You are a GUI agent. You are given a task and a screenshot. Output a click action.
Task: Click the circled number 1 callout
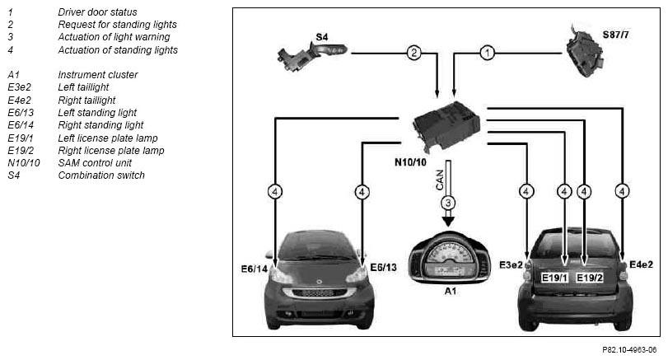[x=487, y=54]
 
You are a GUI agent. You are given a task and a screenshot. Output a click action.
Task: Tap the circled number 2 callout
[x=413, y=54]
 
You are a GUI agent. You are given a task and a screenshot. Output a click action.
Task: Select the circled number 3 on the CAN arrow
[x=448, y=203]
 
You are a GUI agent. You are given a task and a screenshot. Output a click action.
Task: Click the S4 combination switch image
[x=312, y=55]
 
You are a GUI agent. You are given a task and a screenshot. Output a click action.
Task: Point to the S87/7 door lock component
[x=586, y=52]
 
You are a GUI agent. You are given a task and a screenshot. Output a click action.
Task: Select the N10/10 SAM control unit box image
[x=446, y=126]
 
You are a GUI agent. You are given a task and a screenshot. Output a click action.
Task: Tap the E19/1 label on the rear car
[x=554, y=278]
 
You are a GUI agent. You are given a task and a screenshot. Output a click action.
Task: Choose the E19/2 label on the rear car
[x=590, y=278]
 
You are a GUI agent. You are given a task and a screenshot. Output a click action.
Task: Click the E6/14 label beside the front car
[x=255, y=269]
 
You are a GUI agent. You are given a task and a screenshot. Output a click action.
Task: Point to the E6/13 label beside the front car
[x=383, y=267]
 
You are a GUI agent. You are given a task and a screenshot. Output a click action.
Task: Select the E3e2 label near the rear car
[x=511, y=265]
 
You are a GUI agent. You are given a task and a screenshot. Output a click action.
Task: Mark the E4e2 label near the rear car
[x=641, y=264]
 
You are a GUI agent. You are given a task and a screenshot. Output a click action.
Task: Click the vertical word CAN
[x=440, y=180]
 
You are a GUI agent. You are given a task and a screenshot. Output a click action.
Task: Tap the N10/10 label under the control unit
[x=410, y=162]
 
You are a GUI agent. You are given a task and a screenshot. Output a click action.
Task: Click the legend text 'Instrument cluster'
[x=98, y=75]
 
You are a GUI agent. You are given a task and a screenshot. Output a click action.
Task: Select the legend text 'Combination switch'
[x=101, y=175]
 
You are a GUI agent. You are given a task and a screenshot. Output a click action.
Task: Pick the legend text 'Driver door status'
[x=97, y=12]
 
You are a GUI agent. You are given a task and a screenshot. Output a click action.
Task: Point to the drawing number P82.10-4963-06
[x=629, y=350]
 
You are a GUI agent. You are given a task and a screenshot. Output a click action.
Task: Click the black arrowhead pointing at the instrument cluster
[x=448, y=222]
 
